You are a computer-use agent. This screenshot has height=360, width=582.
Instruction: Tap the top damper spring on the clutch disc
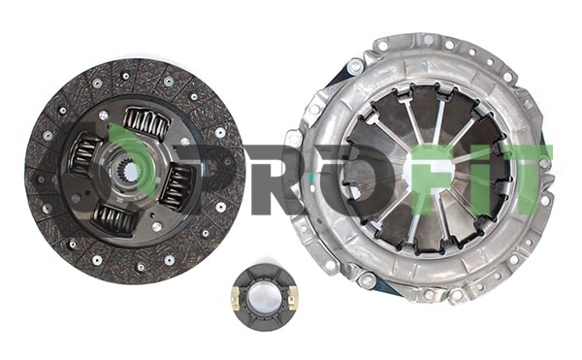[x=145, y=122]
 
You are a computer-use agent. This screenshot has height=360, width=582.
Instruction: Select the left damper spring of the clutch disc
[x=84, y=154]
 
